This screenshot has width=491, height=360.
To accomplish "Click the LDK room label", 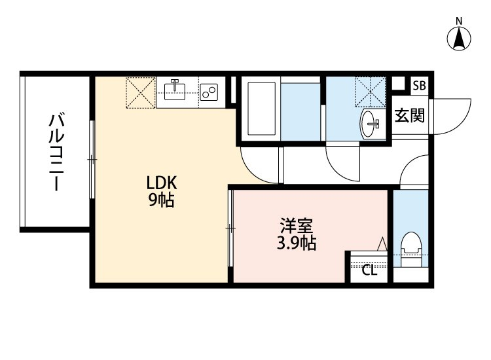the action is pyautogui.click(x=162, y=183).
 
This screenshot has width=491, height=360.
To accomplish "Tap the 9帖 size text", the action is pyautogui.click(x=161, y=200).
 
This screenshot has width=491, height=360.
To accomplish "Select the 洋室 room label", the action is pyautogui.click(x=296, y=226).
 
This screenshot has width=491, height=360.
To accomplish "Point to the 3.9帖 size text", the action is pyautogui.click(x=296, y=243).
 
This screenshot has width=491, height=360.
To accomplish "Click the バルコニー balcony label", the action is pyautogui.click(x=56, y=153).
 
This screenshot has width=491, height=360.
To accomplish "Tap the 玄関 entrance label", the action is pyautogui.click(x=409, y=115).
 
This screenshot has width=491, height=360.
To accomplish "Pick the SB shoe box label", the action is pyautogui.click(x=419, y=85).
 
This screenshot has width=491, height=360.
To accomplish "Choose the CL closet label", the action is pyautogui.click(x=369, y=271).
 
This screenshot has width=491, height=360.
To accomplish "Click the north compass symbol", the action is pyautogui.click(x=459, y=39).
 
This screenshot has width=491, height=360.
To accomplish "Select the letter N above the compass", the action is pyautogui.click(x=459, y=22).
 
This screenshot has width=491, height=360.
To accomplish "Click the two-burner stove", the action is pyautogui.click(x=209, y=92).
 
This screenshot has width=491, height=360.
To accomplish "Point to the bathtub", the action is pyautogui.click(x=261, y=109).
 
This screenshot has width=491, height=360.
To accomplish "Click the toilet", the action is pyautogui.click(x=411, y=249).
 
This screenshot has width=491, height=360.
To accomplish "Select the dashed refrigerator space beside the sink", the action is pyautogui.click(x=141, y=93).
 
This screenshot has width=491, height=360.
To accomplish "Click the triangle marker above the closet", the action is pyautogui.click(x=382, y=245).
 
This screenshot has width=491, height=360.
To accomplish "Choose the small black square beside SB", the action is pyautogui.click(x=398, y=84).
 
